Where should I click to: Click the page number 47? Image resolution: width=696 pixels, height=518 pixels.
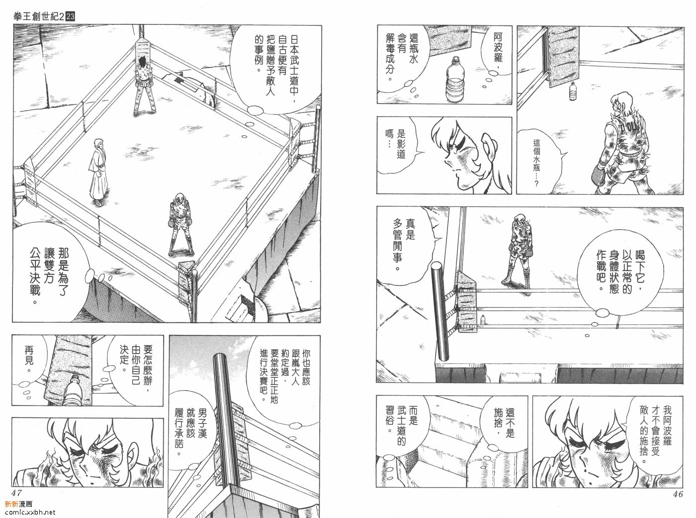(x=16, y=492)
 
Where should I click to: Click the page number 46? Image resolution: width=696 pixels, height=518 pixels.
(x=678, y=494)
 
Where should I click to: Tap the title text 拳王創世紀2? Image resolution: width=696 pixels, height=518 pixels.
(x=39, y=16)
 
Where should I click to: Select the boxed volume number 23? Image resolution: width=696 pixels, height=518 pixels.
(x=70, y=16)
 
